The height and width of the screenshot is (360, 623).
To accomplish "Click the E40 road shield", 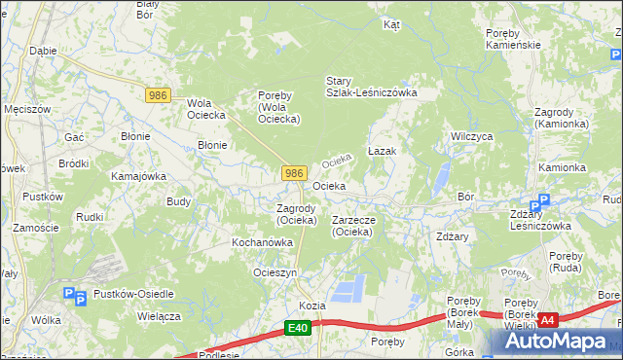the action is (x=299, y=330).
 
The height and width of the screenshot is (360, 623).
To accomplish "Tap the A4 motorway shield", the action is (x=548, y=319).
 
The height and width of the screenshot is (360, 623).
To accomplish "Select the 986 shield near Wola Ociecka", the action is (x=159, y=94).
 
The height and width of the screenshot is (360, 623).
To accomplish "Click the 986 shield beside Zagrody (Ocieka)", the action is (x=295, y=172).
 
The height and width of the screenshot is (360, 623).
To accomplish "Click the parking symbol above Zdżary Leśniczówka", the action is (x=544, y=200).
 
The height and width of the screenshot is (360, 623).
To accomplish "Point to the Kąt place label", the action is (x=392, y=25).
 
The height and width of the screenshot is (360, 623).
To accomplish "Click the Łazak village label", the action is (x=381, y=153).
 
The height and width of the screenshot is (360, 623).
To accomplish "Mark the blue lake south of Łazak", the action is (x=441, y=175).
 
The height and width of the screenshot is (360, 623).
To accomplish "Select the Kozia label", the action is (x=311, y=306).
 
